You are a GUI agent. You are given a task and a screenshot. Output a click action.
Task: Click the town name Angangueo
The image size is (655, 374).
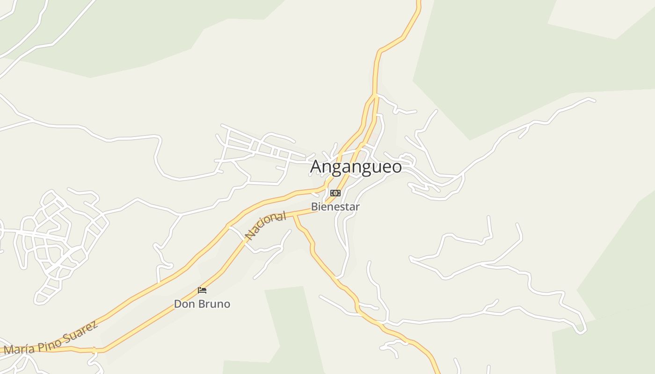point(356,166)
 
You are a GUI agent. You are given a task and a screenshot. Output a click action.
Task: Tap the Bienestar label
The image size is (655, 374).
point(335,207)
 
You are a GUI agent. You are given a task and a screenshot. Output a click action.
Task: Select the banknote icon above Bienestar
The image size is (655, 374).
point(335,193)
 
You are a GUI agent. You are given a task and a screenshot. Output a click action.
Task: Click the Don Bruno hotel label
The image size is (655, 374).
point(202,304)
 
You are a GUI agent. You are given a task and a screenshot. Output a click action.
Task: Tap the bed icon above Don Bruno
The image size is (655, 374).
point(202,290)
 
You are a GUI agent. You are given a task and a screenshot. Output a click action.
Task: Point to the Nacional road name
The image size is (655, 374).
point(266,226)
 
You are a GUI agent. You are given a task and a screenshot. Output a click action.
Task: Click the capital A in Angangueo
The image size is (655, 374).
point(317,166)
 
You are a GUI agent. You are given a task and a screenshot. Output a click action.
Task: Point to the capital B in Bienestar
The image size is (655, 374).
point(314,207)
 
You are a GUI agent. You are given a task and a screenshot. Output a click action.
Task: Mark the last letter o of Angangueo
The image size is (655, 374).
point(397,167)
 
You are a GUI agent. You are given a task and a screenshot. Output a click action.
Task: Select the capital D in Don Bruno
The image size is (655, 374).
point(178,304)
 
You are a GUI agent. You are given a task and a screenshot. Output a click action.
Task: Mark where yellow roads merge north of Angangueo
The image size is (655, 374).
point(375,96)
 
